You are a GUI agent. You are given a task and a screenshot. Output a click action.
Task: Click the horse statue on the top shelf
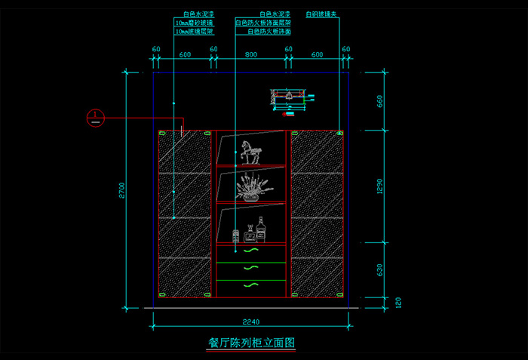coord(250,152)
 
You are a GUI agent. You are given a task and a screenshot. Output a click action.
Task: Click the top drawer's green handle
coord(250,251)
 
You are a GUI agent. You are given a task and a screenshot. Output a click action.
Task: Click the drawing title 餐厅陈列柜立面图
coord(250,342)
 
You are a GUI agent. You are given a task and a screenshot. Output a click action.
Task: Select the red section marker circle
coord(95,118)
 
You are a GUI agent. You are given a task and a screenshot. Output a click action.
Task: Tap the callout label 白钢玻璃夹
coord(321,14)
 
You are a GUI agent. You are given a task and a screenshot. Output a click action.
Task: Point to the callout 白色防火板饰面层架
coord(263,23)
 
